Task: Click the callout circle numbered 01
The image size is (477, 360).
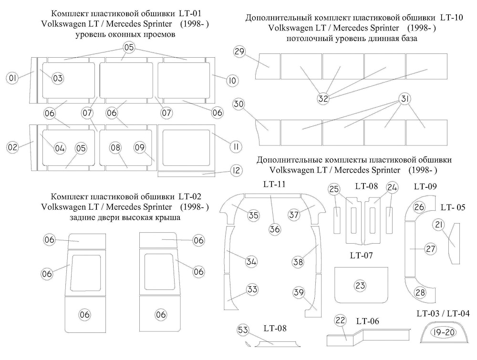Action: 13,77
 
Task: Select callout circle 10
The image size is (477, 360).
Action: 232,81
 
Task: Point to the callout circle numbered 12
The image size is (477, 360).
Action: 236,170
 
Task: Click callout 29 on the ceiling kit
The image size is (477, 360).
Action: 240,53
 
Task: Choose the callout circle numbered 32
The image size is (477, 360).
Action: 323,99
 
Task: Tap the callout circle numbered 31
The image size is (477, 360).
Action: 404,99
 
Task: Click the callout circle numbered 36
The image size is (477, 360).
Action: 274,229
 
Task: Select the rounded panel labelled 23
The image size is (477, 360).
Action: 360,286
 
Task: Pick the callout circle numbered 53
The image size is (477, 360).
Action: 243,329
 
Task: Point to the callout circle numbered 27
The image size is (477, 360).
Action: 431,249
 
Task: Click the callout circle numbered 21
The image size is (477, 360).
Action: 439,225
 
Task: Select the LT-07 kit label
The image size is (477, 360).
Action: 361,256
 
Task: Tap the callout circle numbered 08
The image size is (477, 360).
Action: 115,148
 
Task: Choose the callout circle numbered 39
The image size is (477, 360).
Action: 299,293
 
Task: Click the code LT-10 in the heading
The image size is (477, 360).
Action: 451,18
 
